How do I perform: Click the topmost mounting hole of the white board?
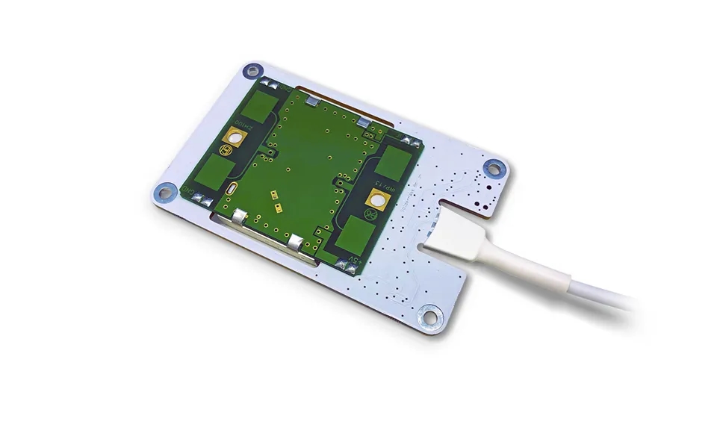[x=249, y=71]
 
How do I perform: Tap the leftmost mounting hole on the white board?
[x=162, y=192]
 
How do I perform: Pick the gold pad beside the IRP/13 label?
[x=376, y=197]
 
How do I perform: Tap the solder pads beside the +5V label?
[x=345, y=264]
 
